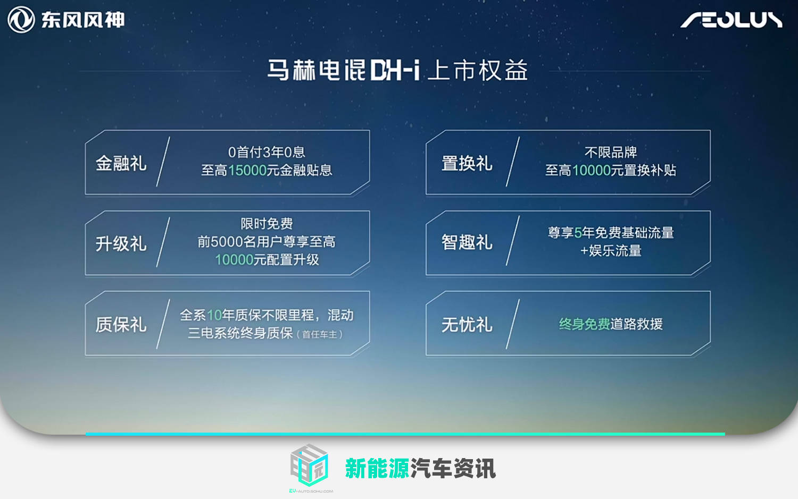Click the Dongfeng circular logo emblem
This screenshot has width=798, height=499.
click(21, 20)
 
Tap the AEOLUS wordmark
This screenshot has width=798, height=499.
click(731, 20)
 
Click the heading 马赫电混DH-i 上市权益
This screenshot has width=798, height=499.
click(397, 70)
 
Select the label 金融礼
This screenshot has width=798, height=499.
click(121, 163)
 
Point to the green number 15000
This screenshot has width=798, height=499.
click(247, 170)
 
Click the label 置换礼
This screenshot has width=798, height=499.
click(467, 163)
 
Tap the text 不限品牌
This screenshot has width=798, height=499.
click(611, 153)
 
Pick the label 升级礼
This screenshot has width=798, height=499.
click(121, 244)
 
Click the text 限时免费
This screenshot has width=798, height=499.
click(267, 224)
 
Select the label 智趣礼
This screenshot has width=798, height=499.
click(467, 242)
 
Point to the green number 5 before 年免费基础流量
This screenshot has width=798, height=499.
click(578, 233)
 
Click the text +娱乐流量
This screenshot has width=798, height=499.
click(611, 251)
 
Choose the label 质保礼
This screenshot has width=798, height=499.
click(121, 325)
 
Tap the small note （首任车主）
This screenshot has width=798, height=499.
click(320, 335)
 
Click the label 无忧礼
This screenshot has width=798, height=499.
click(467, 325)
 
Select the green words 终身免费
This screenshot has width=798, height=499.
click(584, 324)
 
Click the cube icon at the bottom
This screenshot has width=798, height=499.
click(309, 464)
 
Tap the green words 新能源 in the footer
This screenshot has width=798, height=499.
click(377, 468)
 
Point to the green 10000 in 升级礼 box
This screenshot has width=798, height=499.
click(234, 260)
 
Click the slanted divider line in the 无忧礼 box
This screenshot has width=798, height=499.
click(513, 324)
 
